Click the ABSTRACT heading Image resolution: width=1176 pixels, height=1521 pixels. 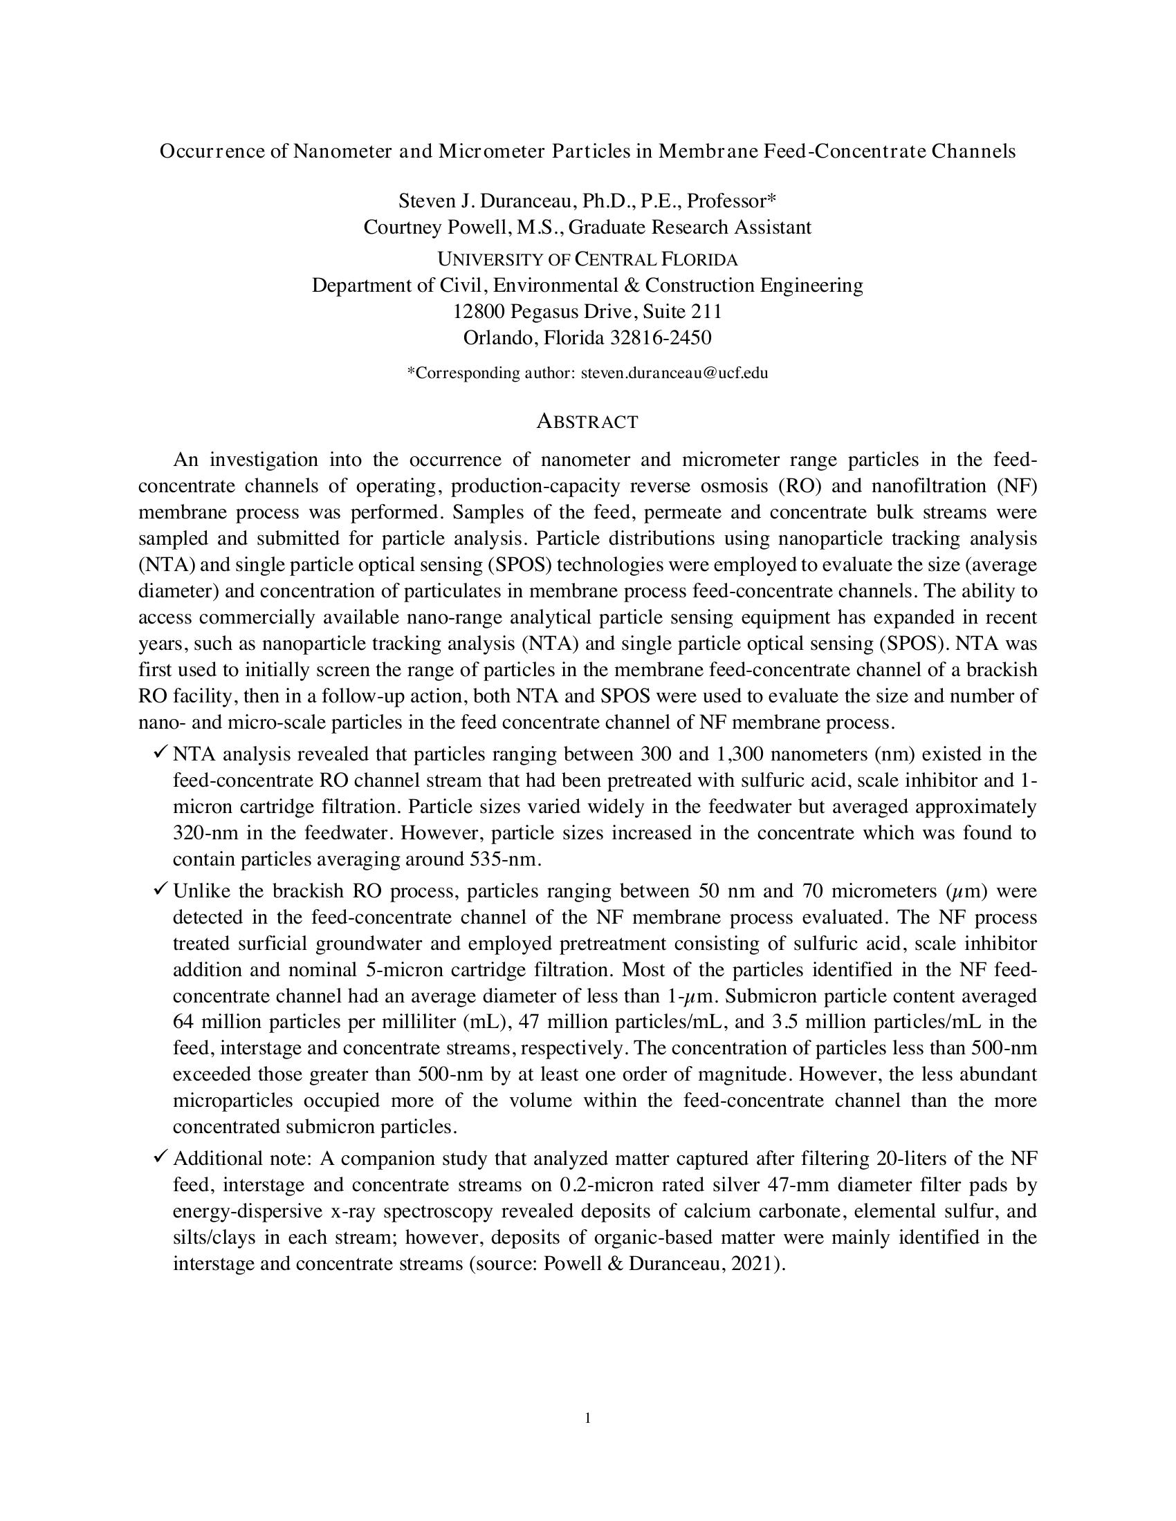click(x=587, y=422)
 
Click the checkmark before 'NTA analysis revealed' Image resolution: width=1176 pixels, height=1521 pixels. click(x=160, y=752)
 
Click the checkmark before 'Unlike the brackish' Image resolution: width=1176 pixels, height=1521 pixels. click(x=160, y=889)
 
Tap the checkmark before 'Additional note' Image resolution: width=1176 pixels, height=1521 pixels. click(x=160, y=1157)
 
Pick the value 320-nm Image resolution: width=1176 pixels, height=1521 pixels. click(x=201, y=834)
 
